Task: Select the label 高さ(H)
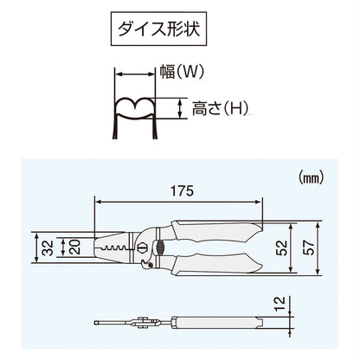tap(213, 108)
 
